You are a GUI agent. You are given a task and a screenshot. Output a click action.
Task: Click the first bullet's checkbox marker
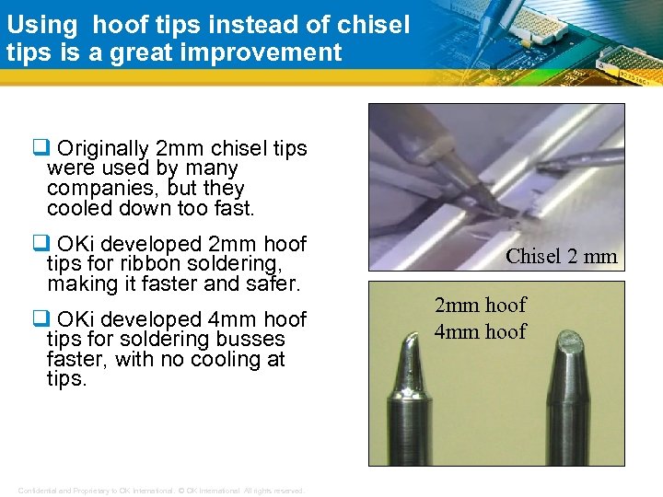point(40,148)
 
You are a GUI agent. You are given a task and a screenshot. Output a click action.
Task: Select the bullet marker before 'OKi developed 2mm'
point(40,244)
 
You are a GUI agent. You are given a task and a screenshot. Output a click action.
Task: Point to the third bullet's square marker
point(40,319)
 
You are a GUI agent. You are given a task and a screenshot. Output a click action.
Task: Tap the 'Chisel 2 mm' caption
point(562,256)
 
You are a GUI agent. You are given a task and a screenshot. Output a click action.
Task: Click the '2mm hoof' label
point(481,306)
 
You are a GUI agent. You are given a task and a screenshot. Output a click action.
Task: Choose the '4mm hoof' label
point(481,331)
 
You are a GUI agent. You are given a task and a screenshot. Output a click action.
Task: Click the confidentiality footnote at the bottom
point(161,491)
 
